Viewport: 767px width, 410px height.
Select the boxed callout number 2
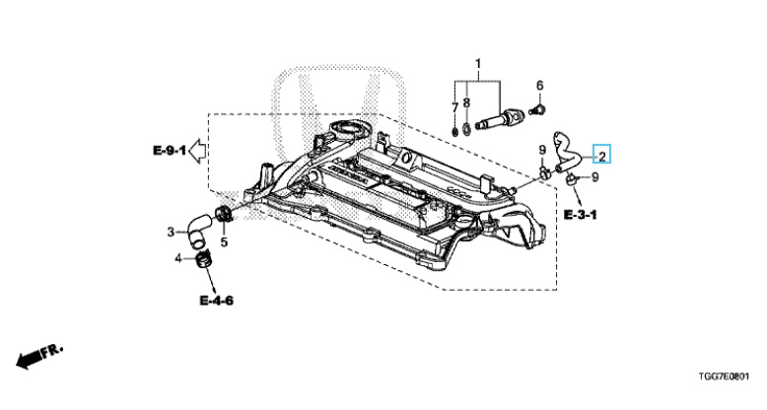coord(600,156)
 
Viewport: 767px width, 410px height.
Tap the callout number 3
coord(170,233)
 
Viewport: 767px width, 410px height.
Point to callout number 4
coord(178,259)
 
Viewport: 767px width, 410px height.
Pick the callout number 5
coord(224,241)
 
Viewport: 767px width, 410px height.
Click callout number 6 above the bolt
coord(539,85)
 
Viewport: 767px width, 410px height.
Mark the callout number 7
coord(454,105)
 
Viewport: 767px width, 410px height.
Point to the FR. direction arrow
coord(38,356)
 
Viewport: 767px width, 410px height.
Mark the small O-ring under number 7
coord(454,128)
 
